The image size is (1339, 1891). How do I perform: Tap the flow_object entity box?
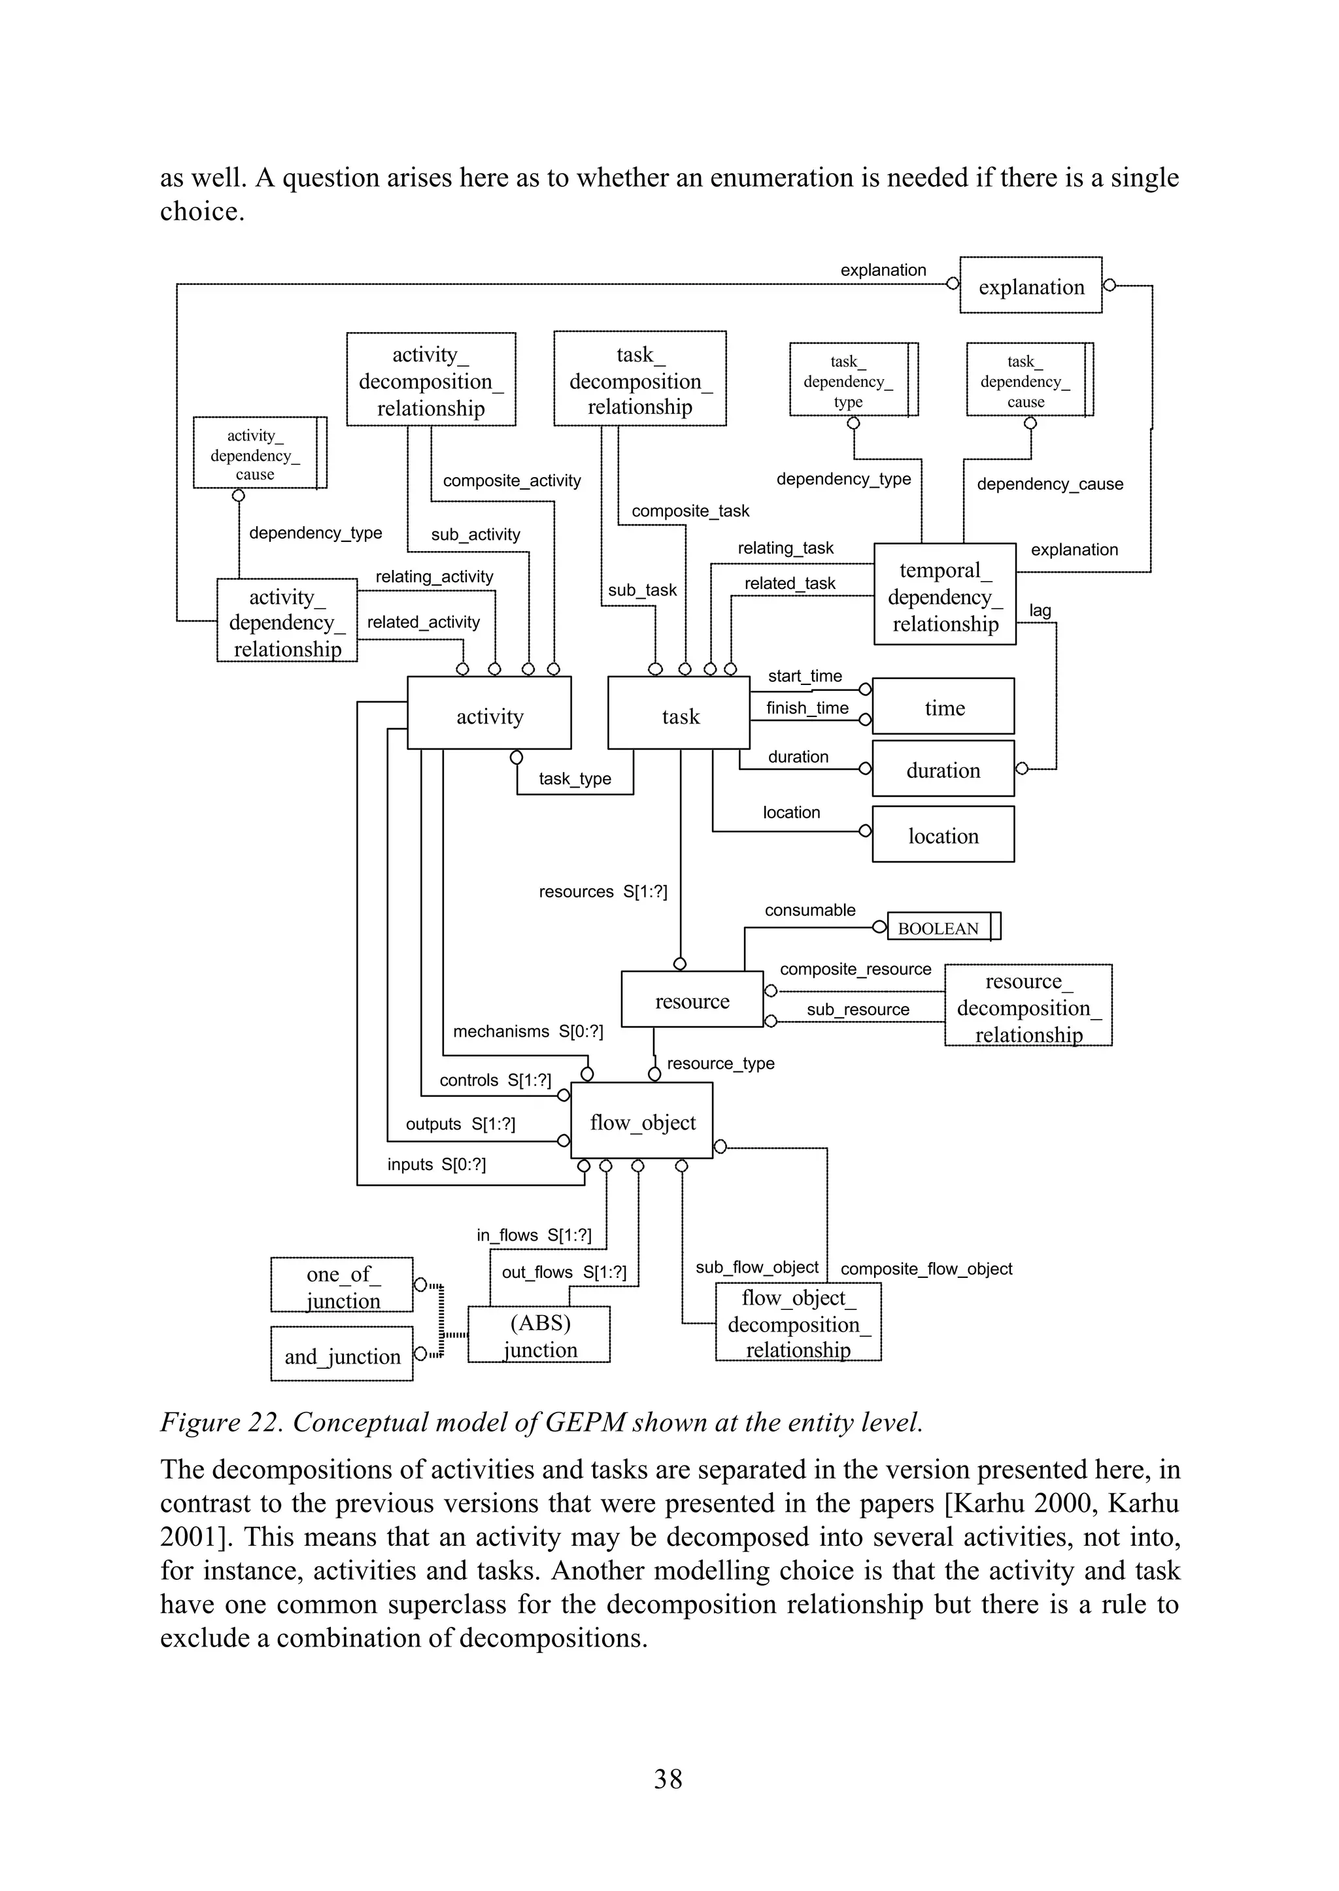pos(641,1122)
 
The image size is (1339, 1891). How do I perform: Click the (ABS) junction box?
pos(539,1335)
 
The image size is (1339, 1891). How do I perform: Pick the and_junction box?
pos(341,1356)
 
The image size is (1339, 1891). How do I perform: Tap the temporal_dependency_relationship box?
pos(945,596)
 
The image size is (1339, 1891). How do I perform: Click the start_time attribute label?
pos(805,676)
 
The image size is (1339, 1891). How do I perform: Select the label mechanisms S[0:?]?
pos(528,1031)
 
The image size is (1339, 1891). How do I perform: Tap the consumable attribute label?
pos(809,910)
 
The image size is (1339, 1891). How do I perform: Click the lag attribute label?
pos(1040,610)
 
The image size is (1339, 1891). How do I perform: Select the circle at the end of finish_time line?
pos(865,720)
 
